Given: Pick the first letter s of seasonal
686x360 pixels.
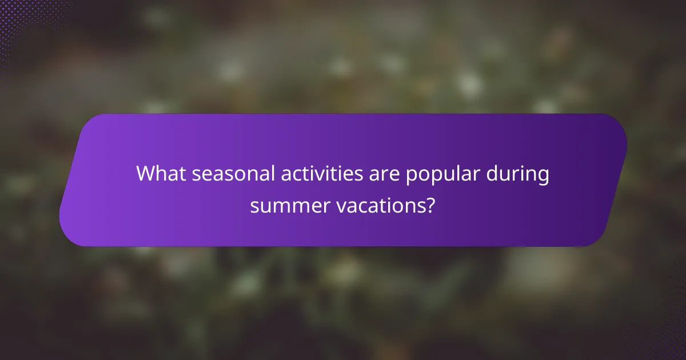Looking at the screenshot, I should pos(196,175).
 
